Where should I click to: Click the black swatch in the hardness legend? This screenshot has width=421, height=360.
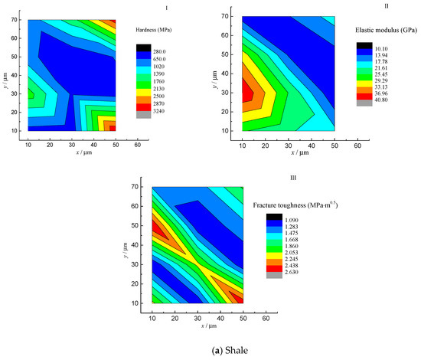click(142, 51)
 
